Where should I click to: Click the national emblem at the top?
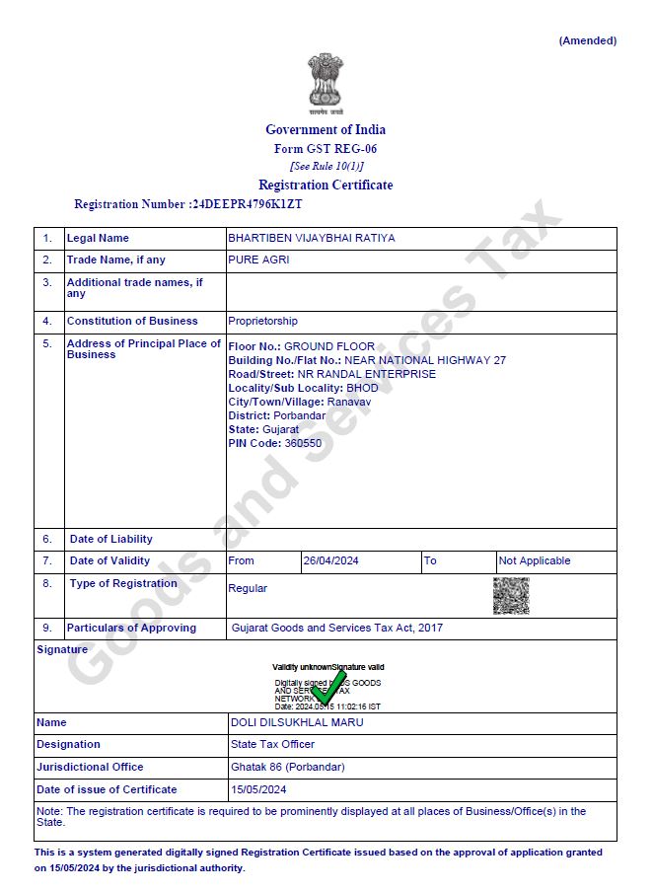(325, 82)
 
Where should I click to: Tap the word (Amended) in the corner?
(587, 40)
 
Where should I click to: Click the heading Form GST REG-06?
(325, 149)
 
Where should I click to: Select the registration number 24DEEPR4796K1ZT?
(247, 204)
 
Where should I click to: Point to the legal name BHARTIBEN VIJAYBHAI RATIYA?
(312, 238)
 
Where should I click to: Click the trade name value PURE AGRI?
(258, 260)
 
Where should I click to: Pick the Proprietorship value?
(262, 321)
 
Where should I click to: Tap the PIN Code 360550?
(303, 443)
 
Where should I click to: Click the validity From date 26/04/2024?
(331, 560)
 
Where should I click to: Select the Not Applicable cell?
(535, 560)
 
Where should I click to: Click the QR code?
(511, 596)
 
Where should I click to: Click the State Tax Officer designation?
(272, 744)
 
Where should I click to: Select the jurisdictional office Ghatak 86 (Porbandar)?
(287, 767)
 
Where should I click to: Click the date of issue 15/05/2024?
(258, 789)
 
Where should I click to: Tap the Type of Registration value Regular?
(248, 588)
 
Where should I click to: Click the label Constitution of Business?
(132, 321)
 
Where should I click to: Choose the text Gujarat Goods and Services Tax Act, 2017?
(337, 628)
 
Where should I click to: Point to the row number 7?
(47, 560)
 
